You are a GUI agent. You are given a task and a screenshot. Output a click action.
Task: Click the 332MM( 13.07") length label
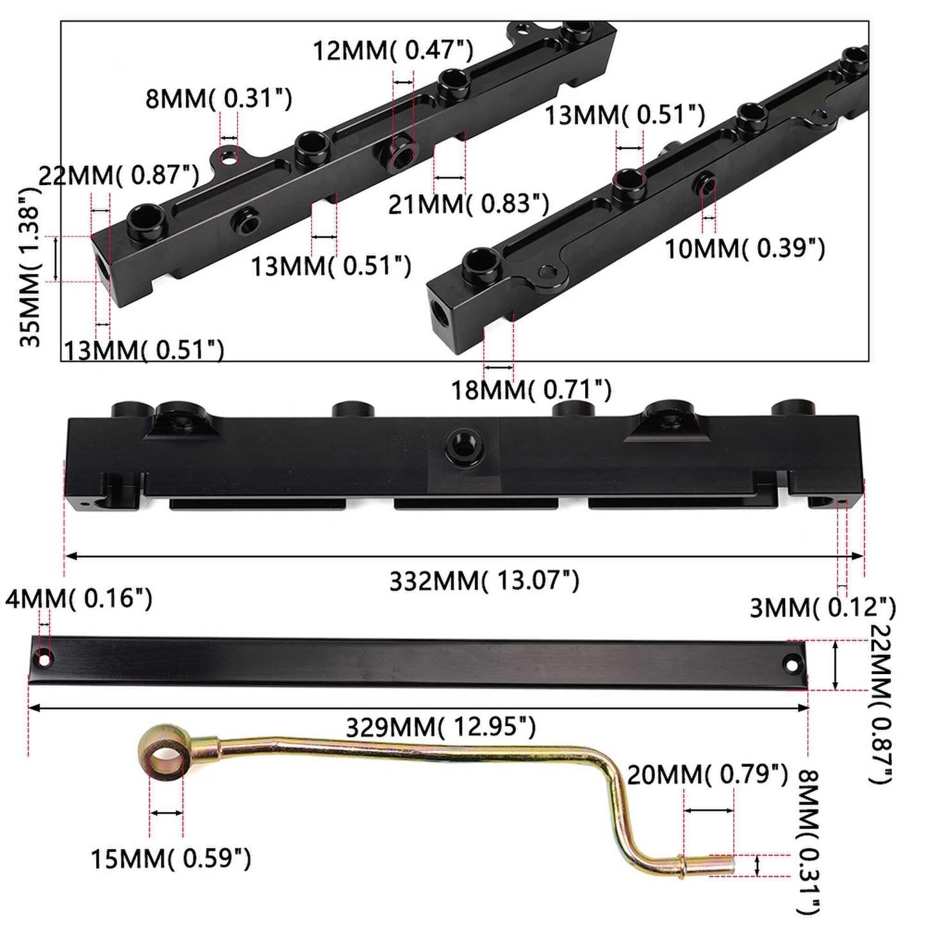[x=484, y=581]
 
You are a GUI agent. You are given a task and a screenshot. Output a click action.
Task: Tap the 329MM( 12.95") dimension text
[x=441, y=727]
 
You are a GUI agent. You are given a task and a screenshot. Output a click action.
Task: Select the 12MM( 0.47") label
[x=393, y=51]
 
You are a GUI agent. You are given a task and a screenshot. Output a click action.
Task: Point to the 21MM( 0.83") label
[x=468, y=204]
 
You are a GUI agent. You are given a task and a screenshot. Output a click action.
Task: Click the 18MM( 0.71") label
[x=531, y=389]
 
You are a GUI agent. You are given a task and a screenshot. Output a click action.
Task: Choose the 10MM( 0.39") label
[x=745, y=249]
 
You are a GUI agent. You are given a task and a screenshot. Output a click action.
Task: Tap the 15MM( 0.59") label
[x=171, y=859]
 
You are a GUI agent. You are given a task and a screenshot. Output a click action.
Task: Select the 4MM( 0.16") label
[x=79, y=599]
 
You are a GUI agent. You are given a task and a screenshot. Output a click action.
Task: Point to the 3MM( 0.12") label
[x=823, y=608]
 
